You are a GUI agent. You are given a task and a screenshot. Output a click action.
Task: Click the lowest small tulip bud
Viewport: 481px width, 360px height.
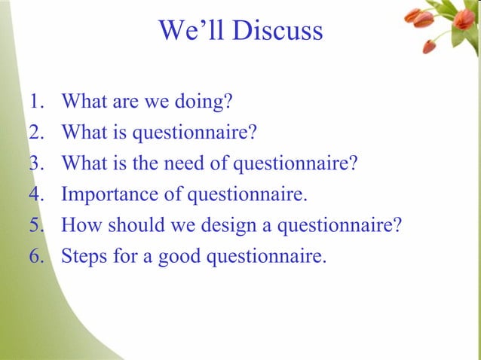pyautogui.click(x=429, y=47)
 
